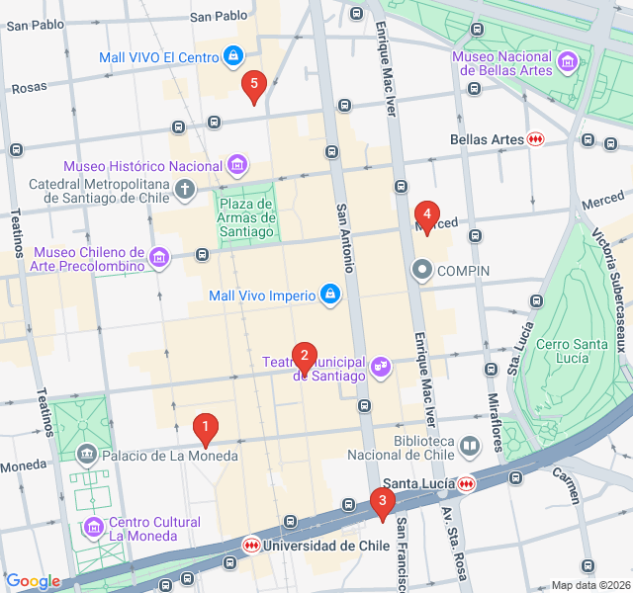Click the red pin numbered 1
pyautogui.click(x=205, y=430)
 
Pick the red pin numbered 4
pyautogui.click(x=427, y=213)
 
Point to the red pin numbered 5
pyautogui.click(x=254, y=85)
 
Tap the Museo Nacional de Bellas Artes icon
pyautogui.click(x=568, y=63)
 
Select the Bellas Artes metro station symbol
pyautogui.click(x=535, y=139)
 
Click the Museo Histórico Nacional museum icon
pyautogui.click(x=236, y=164)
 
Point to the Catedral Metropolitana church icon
pyautogui.click(x=184, y=188)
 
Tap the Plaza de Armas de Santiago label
pyautogui.click(x=245, y=217)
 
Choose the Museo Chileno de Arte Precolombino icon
pyautogui.click(x=159, y=259)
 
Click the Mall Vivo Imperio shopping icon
pyautogui.click(x=329, y=295)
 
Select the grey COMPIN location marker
pyautogui.click(x=422, y=270)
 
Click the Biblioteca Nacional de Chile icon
pyautogui.click(x=469, y=447)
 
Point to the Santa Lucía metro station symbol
pyautogui.click(x=466, y=483)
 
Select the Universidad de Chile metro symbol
pyautogui.click(x=252, y=545)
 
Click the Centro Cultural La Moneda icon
pyautogui.click(x=94, y=528)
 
